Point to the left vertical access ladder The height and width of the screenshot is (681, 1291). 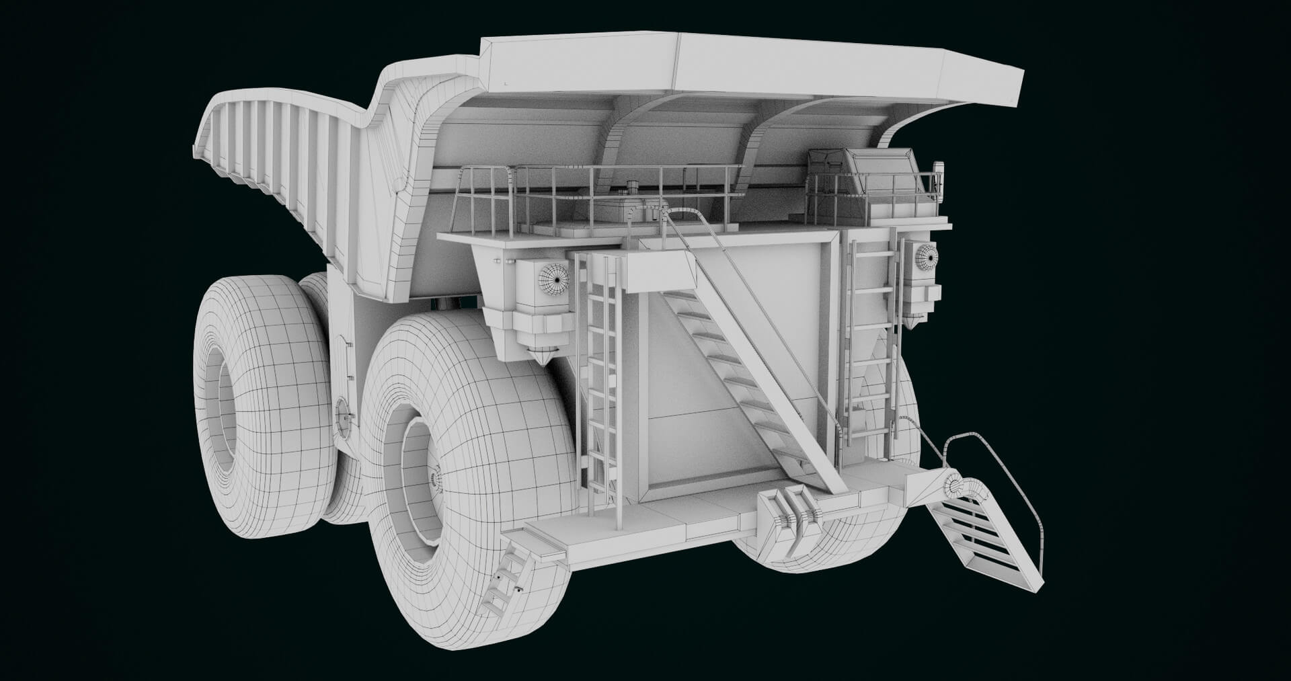[x=602, y=376]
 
